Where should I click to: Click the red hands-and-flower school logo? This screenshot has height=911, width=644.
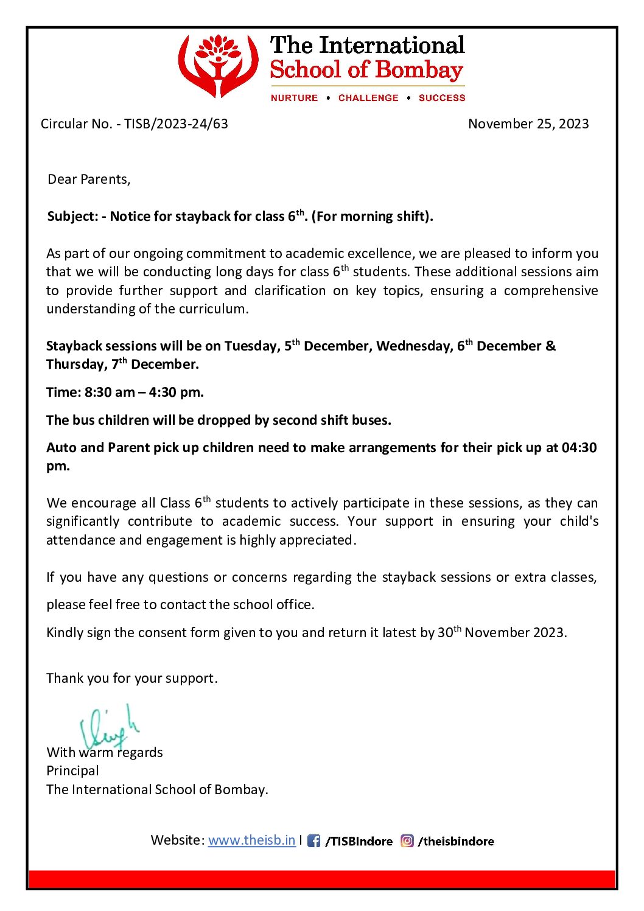[218, 66]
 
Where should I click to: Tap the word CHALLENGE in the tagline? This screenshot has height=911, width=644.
[368, 98]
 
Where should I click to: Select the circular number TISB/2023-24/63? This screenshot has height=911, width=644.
[176, 124]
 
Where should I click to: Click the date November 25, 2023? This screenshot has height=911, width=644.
[528, 124]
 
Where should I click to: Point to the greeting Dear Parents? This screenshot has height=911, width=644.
[89, 180]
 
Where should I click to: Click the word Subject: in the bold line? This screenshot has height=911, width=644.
[72, 217]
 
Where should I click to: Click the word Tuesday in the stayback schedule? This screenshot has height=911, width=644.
[251, 346]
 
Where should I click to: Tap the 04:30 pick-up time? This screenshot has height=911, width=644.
[579, 448]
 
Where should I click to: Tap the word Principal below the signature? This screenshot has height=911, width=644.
[72, 771]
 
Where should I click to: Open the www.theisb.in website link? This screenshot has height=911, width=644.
[251, 840]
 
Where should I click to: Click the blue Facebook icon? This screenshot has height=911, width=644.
[313, 841]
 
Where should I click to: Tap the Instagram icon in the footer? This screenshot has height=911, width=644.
[407, 841]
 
